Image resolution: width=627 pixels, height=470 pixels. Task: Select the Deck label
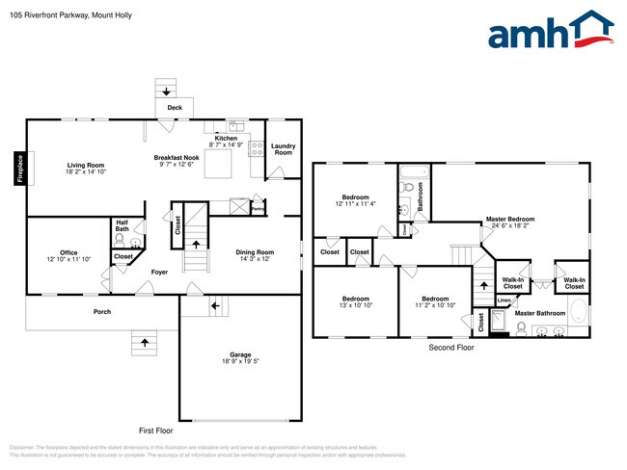click(x=175, y=108)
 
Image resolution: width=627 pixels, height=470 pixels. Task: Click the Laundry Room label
click(x=283, y=149)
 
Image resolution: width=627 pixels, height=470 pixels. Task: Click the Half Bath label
click(x=122, y=225)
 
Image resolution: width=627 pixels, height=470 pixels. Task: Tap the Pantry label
click(x=258, y=207)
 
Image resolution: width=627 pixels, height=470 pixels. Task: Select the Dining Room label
click(x=256, y=252)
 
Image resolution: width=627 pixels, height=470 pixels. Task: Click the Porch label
click(x=101, y=311)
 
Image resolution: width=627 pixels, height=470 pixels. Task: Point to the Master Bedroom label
click(x=509, y=219)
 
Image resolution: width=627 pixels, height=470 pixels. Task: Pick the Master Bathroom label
click(x=539, y=313)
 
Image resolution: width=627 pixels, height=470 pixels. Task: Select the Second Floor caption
click(x=451, y=347)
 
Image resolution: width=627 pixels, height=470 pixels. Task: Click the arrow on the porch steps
click(x=145, y=342)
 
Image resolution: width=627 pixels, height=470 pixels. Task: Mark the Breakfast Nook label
click(x=177, y=157)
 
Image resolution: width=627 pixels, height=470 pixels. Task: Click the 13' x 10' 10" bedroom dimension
click(x=355, y=304)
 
